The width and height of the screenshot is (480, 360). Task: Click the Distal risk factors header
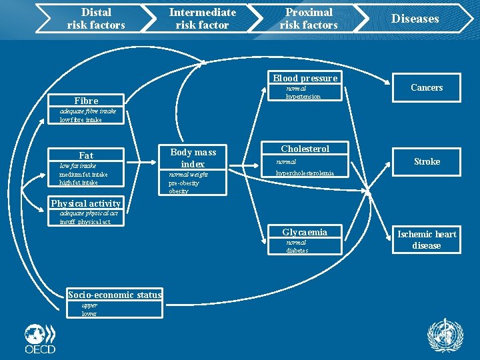point(95,19)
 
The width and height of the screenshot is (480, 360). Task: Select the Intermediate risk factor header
point(202,19)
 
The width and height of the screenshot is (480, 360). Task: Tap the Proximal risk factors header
point(309,19)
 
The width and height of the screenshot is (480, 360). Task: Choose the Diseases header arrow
point(415,19)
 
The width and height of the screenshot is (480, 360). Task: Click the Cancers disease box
point(427,87)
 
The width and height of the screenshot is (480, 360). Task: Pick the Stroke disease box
point(427,161)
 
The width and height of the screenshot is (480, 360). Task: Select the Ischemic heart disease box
point(427,239)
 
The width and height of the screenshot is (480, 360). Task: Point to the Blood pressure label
point(305,78)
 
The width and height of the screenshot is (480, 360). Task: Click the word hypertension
point(303,97)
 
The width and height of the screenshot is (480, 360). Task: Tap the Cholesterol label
point(305,149)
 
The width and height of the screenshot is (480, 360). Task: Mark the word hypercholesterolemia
point(305,173)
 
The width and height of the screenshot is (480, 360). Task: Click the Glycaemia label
point(305,232)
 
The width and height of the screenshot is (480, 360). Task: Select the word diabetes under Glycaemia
point(297,251)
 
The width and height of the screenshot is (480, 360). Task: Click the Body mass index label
point(193,157)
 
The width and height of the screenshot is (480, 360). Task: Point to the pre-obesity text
point(183,183)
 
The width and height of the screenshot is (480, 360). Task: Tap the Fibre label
point(86,101)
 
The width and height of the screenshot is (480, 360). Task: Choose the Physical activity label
point(86,203)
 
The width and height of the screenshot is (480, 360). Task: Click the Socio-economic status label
point(115,295)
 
